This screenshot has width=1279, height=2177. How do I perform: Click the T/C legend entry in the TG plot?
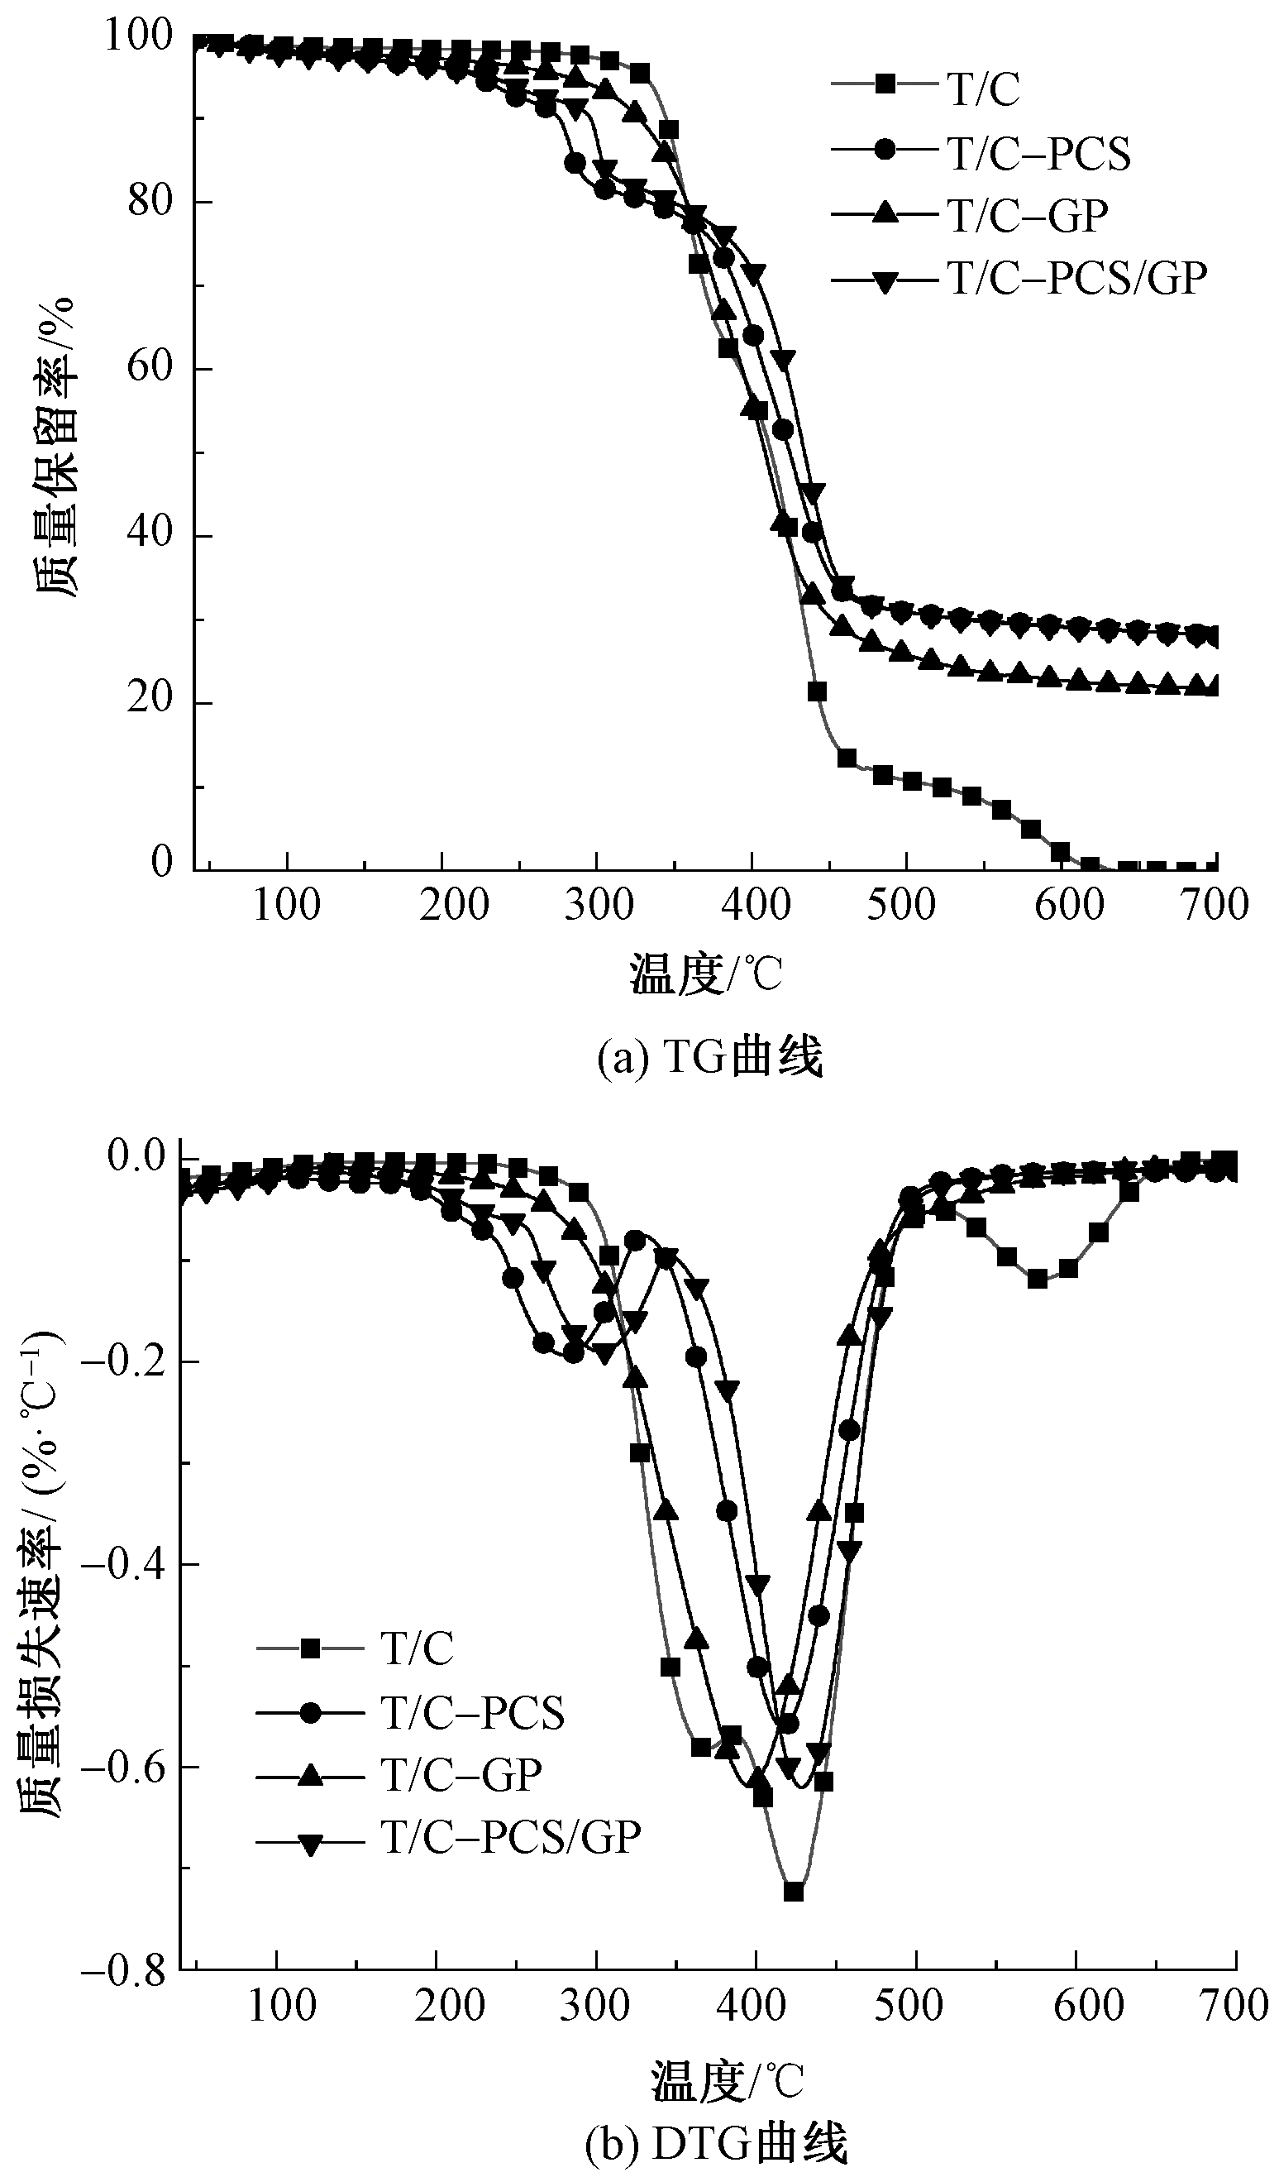click(985, 90)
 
